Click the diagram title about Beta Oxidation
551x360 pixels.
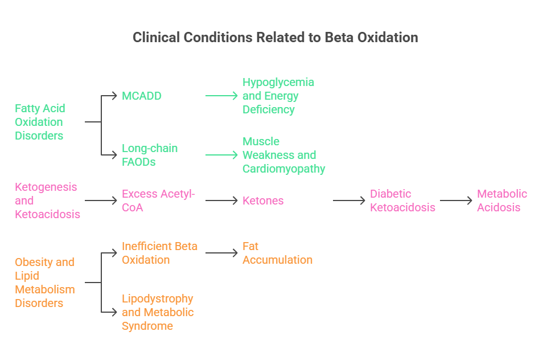275,38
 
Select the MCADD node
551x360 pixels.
142,96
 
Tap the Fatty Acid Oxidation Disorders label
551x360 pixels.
40,122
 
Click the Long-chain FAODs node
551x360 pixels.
150,155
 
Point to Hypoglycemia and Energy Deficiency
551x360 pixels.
278,96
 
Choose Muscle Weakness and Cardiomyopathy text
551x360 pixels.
283,155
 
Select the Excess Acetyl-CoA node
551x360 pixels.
158,201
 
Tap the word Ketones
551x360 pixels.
263,201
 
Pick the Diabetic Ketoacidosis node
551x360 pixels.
402,201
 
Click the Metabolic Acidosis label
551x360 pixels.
502,201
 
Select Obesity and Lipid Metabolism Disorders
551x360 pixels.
44,283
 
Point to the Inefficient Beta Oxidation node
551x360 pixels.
159,253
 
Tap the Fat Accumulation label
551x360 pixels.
277,253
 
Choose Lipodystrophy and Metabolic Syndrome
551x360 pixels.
158,312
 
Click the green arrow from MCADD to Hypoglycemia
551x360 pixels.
221,96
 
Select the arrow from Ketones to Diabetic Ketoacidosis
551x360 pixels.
349,201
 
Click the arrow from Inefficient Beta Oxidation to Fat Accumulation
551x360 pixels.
221,253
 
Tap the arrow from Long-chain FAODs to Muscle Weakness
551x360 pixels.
221,155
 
